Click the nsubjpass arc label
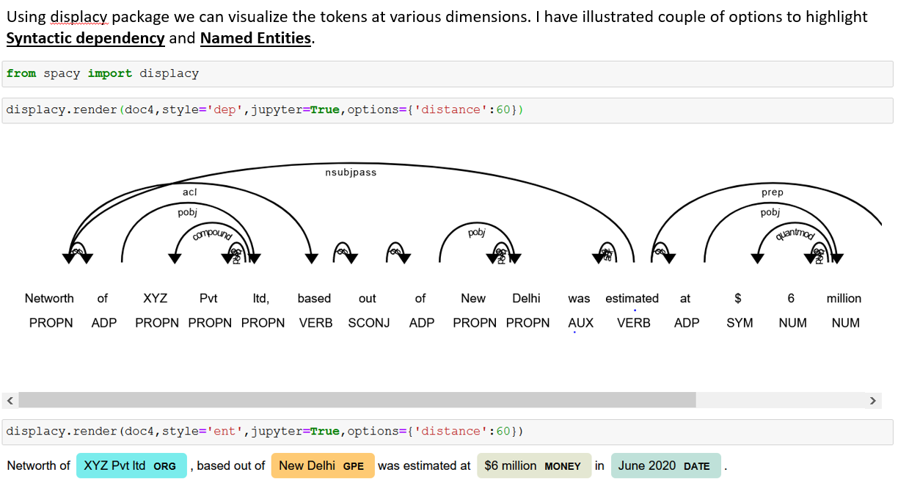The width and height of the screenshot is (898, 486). point(351,173)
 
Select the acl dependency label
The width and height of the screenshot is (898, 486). point(190,192)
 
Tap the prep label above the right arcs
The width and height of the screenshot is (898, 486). point(772,192)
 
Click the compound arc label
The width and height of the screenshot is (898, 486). point(212,234)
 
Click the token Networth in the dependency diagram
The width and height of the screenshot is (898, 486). point(49,298)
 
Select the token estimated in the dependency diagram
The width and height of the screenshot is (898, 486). point(632,298)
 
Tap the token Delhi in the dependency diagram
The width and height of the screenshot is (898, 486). point(526,298)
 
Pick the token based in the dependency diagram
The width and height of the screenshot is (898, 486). point(314,298)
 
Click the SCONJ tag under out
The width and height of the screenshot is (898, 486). point(368,322)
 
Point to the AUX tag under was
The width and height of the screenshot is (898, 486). point(580,322)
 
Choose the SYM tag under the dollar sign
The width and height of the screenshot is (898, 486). point(740,322)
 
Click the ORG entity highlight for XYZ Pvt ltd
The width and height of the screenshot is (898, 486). point(131,465)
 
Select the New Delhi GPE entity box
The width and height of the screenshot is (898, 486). point(322,465)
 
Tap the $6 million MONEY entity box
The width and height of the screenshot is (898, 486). point(533,465)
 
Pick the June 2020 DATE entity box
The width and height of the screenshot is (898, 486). point(665,465)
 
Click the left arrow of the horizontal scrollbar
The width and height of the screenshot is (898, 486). point(10,401)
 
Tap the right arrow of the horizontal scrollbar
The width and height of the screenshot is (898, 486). point(872,401)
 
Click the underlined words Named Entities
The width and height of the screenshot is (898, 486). point(256,38)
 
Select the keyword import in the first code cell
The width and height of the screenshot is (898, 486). point(110,73)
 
